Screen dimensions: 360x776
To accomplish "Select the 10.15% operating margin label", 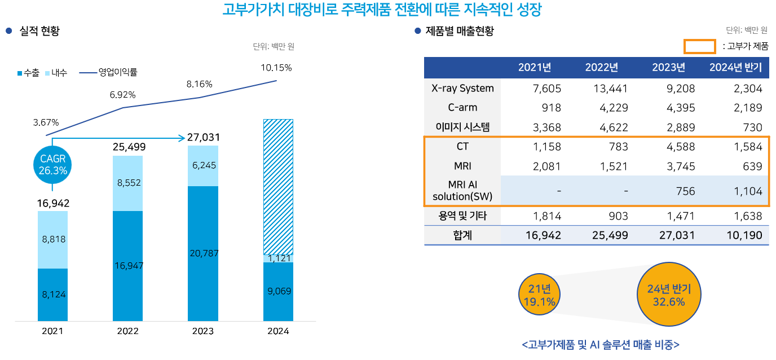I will [276, 68].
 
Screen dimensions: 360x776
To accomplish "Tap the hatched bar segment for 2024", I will [278, 186].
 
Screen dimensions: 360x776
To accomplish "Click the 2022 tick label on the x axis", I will [128, 331].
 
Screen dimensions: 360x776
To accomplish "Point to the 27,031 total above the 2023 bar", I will [203, 137].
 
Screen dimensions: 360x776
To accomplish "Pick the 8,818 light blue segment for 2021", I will [53, 239].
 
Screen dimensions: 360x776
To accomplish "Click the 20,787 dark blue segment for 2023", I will [203, 253].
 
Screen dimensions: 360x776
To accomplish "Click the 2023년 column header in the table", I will [668, 68].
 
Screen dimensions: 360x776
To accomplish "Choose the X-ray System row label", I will [462, 88].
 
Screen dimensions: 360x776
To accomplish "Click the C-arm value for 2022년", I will [610, 108].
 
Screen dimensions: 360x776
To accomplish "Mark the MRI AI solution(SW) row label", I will [462, 191].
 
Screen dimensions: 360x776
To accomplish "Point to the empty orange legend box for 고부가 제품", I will [700, 46].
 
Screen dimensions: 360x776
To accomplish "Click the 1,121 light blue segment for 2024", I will [278, 258].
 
